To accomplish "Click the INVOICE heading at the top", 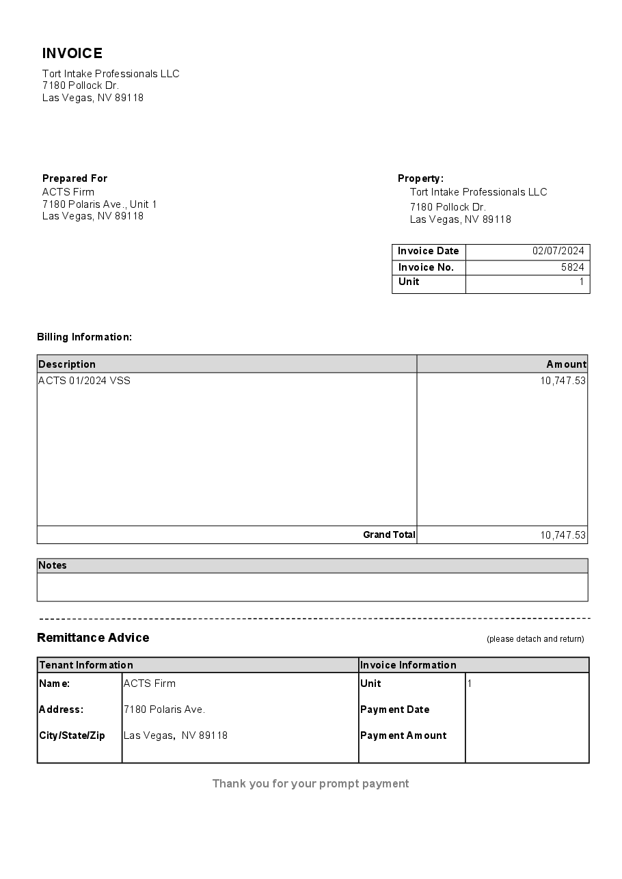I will click(72, 53).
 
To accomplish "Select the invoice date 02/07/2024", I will click(558, 251).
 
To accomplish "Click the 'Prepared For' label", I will click(75, 178).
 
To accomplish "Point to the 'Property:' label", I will click(420, 178).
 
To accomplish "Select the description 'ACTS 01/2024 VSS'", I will click(84, 381).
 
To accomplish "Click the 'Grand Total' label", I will click(389, 535).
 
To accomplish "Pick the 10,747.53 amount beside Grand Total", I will click(563, 535).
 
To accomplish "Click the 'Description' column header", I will click(67, 364).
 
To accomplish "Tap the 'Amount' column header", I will click(566, 364).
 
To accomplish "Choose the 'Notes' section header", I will click(53, 565).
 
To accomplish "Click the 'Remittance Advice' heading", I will click(93, 638).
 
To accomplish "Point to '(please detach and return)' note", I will click(535, 639).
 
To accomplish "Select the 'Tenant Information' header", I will click(86, 665).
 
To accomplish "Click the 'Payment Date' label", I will click(394, 709).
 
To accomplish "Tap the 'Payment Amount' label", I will click(403, 735).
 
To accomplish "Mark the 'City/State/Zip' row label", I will click(72, 735).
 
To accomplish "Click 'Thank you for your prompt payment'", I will click(310, 783).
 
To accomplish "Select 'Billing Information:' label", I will click(84, 337).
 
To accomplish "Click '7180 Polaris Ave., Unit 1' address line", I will click(100, 204).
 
